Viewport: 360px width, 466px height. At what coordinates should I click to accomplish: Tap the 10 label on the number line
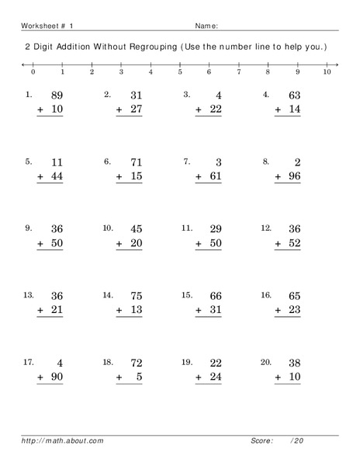click(327, 72)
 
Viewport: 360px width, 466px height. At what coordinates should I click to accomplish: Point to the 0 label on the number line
click(33, 72)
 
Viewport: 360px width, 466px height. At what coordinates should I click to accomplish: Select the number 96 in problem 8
click(292, 177)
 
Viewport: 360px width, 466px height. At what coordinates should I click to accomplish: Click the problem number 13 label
click(29, 294)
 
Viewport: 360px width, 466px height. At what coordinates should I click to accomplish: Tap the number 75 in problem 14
click(134, 296)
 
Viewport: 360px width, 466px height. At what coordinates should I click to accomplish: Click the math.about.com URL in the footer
click(63, 440)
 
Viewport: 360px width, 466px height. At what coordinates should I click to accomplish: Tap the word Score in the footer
click(261, 440)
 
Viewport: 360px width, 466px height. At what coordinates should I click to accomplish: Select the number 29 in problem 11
click(213, 229)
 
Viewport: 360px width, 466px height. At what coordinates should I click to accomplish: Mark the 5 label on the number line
click(180, 72)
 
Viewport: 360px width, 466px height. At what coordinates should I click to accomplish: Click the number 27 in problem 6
click(134, 110)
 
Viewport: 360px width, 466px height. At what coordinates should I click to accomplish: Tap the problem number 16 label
click(266, 294)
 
